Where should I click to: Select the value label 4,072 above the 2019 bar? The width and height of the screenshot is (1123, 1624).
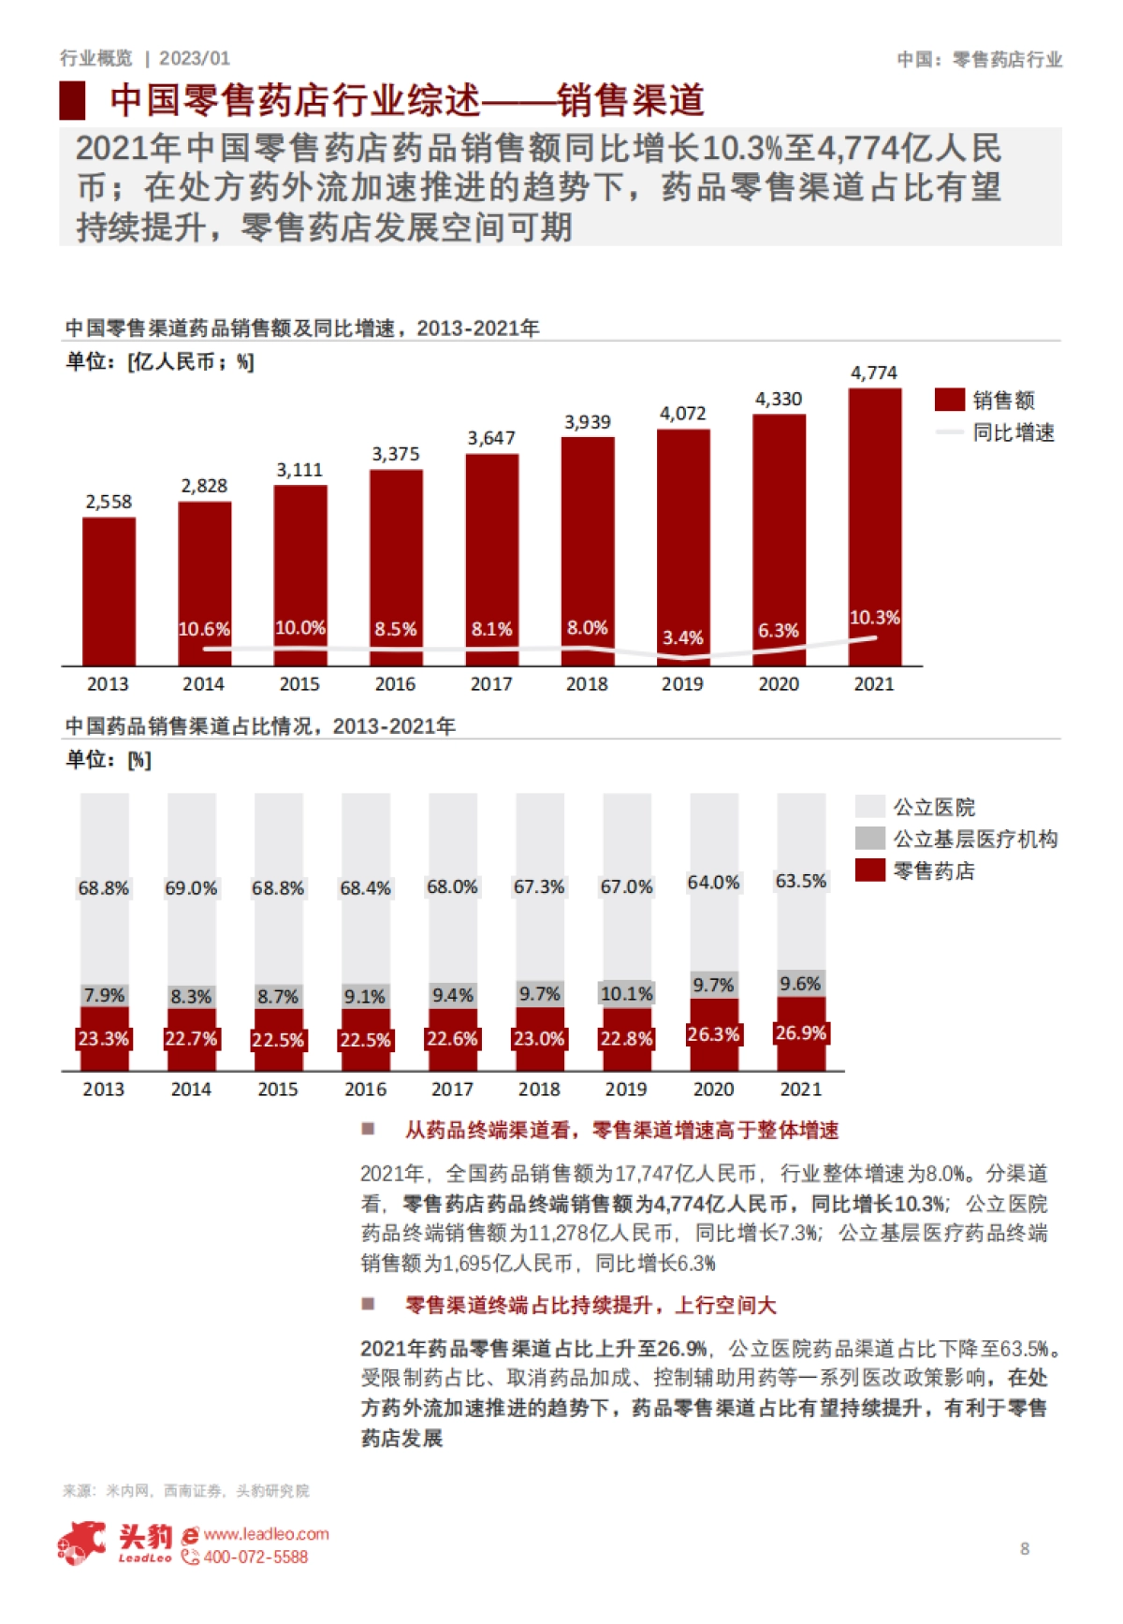click(x=682, y=414)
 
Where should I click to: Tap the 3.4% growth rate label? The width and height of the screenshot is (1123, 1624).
click(x=682, y=637)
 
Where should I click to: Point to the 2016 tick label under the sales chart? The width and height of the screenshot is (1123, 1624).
click(x=395, y=684)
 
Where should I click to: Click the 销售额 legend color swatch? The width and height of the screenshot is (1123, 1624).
click(x=949, y=400)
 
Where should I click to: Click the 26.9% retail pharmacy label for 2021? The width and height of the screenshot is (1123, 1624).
click(x=800, y=1033)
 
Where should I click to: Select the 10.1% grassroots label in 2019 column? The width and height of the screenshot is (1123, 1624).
click(x=626, y=994)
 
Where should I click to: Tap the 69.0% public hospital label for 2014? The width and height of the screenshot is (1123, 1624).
click(x=191, y=888)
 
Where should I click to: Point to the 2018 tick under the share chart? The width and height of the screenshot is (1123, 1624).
click(x=539, y=1090)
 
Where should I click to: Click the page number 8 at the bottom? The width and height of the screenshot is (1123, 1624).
click(x=1025, y=1549)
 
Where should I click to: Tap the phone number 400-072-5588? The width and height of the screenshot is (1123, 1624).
click(x=255, y=1558)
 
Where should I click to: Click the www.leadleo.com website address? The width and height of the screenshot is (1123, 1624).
click(x=266, y=1534)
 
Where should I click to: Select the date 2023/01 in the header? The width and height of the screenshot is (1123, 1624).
click(x=195, y=58)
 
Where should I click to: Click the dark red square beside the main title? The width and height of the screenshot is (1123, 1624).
click(x=73, y=101)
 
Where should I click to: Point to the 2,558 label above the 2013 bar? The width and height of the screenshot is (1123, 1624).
click(x=109, y=502)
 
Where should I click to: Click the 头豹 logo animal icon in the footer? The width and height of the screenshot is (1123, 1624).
click(x=82, y=1543)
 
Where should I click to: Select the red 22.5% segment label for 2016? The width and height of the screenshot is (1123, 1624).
click(x=365, y=1040)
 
